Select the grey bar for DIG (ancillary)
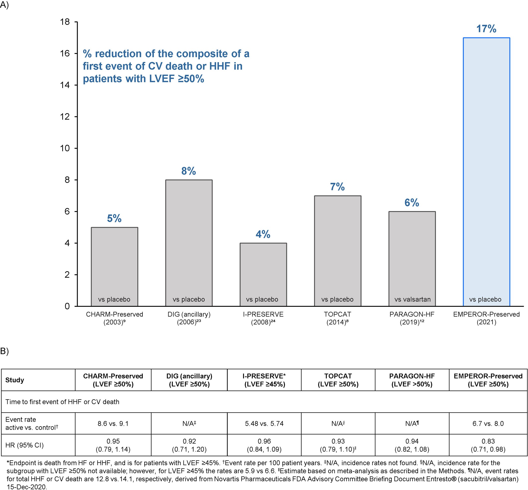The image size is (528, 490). pos(189,239)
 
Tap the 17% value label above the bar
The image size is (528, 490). pos(486,29)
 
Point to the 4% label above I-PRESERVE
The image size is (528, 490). pos(263,234)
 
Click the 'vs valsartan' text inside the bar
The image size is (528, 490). pos(412,299)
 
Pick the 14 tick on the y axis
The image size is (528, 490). pos(65,85)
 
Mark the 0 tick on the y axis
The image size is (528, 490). pos(67,306)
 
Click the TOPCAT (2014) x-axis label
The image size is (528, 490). pos(337,318)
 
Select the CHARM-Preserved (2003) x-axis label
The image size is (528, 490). pos(115,318)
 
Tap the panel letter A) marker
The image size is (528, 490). pos(4,5)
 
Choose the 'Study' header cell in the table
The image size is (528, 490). pos(15,380)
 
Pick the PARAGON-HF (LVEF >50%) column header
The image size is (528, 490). pos(412,380)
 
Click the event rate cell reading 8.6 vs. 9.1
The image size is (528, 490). pos(113,423)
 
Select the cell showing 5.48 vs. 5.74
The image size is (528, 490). pos(264,423)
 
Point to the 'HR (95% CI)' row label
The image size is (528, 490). pos(24,445)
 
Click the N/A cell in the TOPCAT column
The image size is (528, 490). pos(338,423)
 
